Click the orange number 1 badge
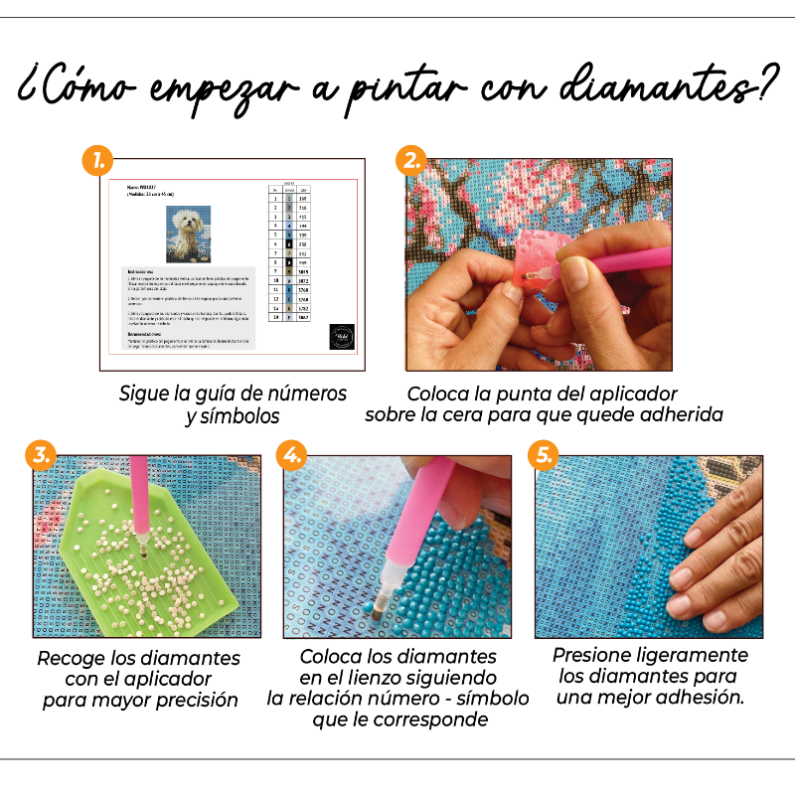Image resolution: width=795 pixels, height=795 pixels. coord(96,160)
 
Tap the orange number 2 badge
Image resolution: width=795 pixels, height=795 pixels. coord(409,160)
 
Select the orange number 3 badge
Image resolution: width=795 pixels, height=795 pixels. coord(40,456)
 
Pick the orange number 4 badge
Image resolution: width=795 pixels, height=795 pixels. coord(291,456)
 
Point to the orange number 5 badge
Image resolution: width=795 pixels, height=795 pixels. coord(543,456)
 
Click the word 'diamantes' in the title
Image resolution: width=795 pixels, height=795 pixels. coord(659,90)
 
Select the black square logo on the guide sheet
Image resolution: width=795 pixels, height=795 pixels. coord(341,335)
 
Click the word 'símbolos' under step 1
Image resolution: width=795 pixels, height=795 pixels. coord(233,416)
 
